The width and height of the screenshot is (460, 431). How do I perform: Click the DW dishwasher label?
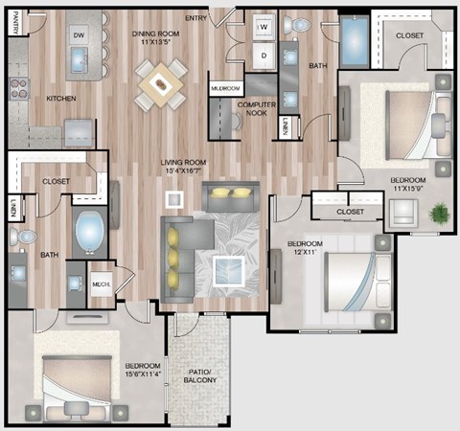tap(79, 35)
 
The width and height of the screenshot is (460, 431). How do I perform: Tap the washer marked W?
tap(262, 29)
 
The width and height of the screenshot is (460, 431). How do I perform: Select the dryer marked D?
tap(262, 56)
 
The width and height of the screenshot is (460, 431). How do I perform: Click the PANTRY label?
tap(16, 22)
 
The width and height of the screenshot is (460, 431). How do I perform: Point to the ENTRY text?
tap(195, 18)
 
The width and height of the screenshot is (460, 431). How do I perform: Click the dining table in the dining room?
tap(161, 84)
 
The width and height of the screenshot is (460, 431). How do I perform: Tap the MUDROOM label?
tap(224, 88)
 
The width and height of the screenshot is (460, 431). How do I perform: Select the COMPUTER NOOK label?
tap(256, 107)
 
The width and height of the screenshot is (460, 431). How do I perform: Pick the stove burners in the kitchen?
tap(17, 89)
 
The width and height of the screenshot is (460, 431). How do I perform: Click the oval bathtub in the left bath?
tap(90, 232)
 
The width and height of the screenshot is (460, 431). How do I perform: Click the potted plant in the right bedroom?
tap(440, 212)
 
